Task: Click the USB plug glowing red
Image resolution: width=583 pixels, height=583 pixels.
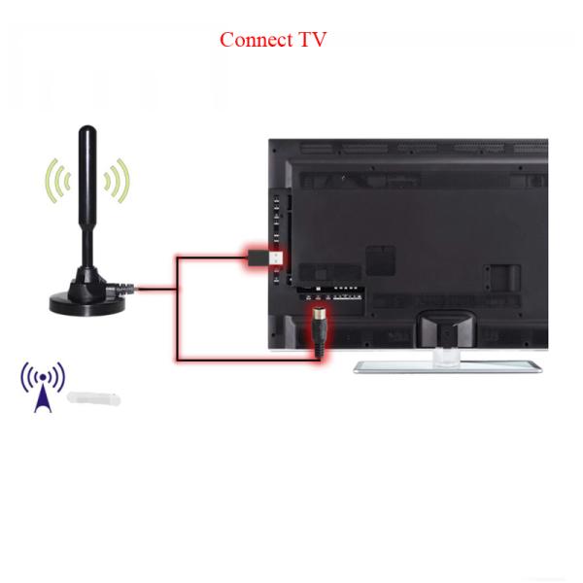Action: click(x=266, y=258)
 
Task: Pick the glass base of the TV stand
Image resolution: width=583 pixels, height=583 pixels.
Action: click(x=448, y=366)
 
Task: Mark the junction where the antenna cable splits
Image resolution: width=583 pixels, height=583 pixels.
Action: click(x=176, y=289)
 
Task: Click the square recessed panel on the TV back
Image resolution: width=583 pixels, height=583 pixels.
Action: click(x=380, y=259)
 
